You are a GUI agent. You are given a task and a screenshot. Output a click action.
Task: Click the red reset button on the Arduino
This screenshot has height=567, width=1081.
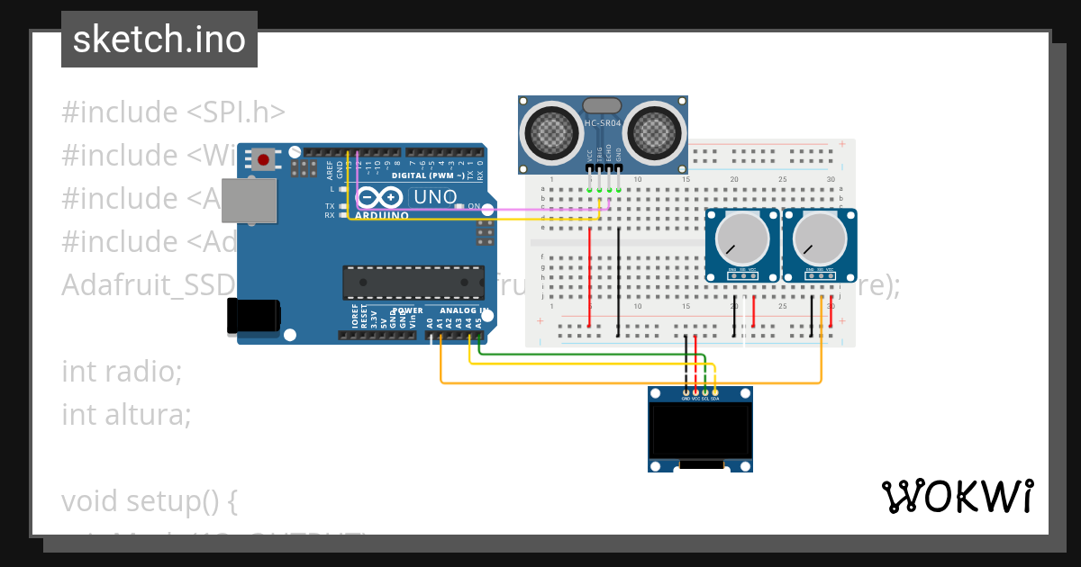tap(263, 160)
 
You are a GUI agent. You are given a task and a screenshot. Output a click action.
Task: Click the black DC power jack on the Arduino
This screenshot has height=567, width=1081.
tap(253, 316)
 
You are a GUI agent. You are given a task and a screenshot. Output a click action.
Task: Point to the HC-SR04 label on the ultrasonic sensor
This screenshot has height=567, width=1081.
tap(603, 123)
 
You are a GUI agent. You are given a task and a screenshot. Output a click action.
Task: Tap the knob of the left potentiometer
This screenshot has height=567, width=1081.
tap(741, 238)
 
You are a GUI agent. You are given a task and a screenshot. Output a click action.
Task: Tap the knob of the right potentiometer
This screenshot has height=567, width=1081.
tap(820, 238)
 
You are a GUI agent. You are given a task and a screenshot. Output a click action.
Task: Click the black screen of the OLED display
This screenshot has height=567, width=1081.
tap(700, 430)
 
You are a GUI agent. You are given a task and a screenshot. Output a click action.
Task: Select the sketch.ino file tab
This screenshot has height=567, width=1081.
tap(159, 40)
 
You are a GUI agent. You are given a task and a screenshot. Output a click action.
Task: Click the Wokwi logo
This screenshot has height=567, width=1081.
tap(957, 496)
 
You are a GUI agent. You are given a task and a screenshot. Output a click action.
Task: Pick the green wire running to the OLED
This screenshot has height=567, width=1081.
tap(586, 354)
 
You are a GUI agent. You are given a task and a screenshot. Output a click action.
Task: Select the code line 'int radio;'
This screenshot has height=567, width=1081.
tap(122, 371)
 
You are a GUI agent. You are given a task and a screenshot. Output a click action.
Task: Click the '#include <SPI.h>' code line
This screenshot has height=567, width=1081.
tap(173, 112)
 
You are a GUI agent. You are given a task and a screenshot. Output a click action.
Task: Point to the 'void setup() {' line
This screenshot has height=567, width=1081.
tap(149, 500)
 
